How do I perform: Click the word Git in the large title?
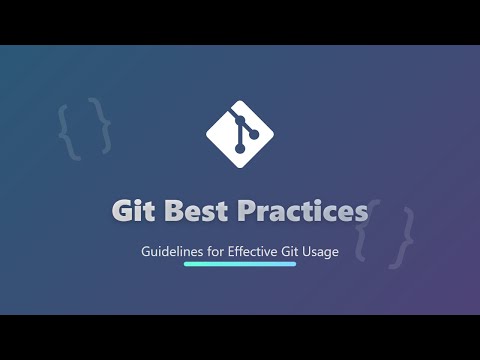131,212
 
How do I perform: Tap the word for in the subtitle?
215,252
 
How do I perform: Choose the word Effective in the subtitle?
254,252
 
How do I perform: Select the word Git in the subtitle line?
293,252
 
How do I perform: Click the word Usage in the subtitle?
322,252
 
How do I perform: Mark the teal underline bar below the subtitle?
240,265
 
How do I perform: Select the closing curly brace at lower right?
403,236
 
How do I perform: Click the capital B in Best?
172,212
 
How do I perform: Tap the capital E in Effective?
232,252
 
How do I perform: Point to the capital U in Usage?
309,252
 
